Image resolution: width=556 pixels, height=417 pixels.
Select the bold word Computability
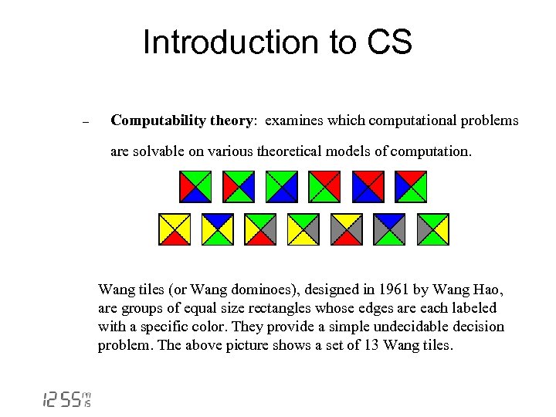162,120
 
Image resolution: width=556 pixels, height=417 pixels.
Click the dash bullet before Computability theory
86,122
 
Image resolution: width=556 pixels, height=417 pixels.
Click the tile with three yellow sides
175,229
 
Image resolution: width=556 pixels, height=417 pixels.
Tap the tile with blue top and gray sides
389,229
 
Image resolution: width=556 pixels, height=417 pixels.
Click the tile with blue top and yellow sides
218,229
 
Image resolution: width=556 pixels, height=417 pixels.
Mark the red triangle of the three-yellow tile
175,239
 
